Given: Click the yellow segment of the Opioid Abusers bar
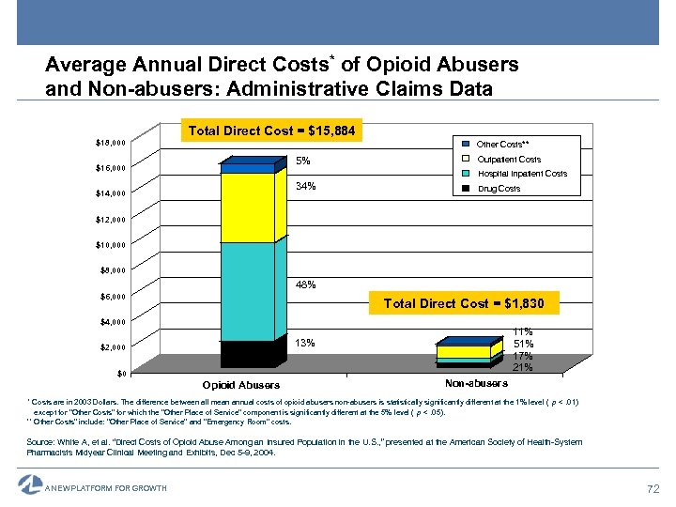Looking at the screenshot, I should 247,207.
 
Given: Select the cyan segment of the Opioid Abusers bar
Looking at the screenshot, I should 247,291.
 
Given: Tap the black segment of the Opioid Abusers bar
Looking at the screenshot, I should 247,353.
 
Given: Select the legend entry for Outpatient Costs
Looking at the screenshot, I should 508,159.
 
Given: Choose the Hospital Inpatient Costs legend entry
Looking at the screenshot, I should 521,174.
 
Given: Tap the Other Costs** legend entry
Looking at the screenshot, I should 502,144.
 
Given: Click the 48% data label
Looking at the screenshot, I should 305,284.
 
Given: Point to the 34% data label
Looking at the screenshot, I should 305,187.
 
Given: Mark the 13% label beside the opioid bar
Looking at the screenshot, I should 305,344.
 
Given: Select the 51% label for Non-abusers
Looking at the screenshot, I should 523,344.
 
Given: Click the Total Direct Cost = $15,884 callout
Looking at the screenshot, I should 271,131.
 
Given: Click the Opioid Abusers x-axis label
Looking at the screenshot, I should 240,385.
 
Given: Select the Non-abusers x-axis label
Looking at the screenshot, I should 476,383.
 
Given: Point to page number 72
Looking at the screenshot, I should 653,488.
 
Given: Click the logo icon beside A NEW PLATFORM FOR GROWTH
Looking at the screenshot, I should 29,484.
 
